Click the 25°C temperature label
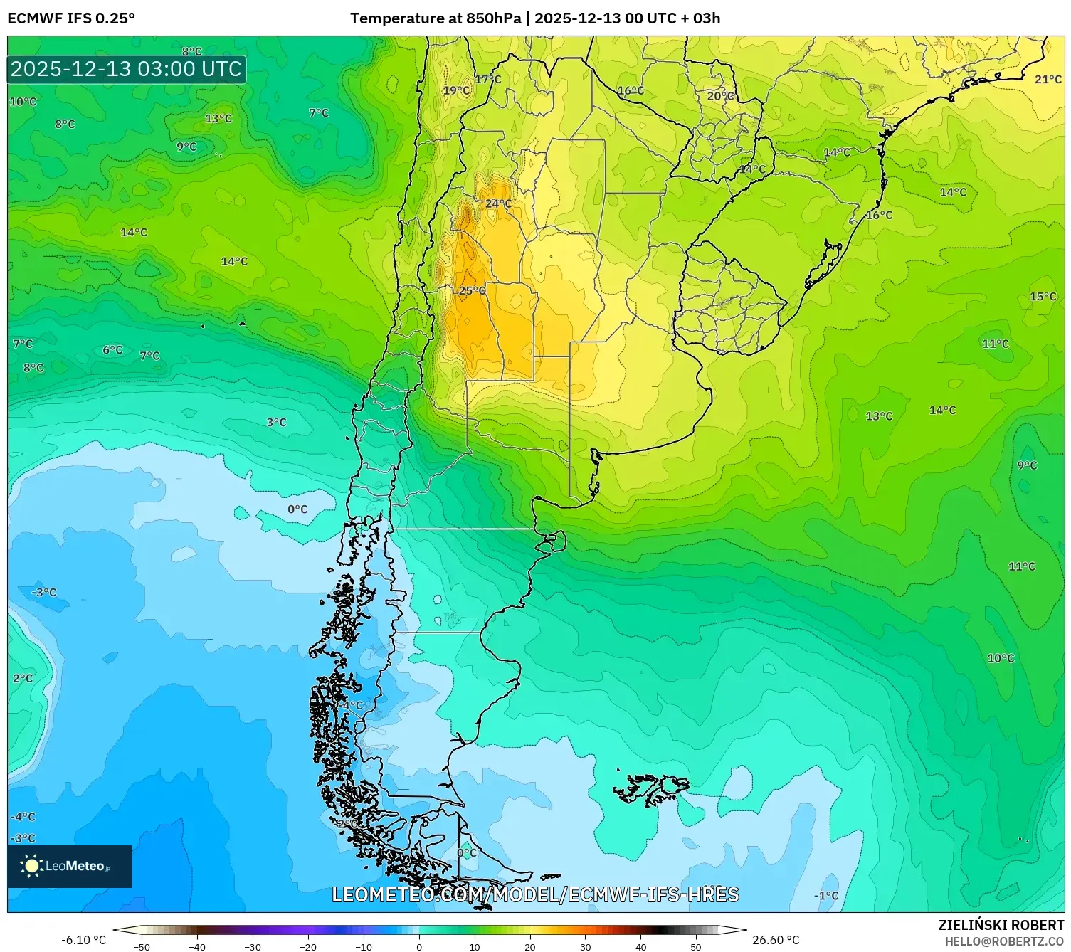tap(472, 290)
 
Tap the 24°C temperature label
tap(498, 203)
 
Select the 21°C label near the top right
tap(1048, 79)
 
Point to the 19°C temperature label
tap(456, 90)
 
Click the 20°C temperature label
tap(720, 95)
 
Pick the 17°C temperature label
tap(488, 79)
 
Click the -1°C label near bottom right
tap(826, 896)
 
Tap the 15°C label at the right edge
tap(1043, 296)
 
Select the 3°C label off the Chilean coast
tap(276, 422)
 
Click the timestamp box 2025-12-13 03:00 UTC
tap(127, 69)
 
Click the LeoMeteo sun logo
tap(32, 865)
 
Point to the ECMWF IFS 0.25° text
tap(71, 18)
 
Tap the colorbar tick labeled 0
tap(418, 946)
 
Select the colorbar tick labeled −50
tap(142, 946)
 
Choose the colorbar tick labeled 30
tap(585, 946)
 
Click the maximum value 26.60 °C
tap(776, 940)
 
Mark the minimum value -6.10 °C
tap(83, 940)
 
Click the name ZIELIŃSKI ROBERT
tap(1001, 925)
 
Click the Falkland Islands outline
tap(651, 789)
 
